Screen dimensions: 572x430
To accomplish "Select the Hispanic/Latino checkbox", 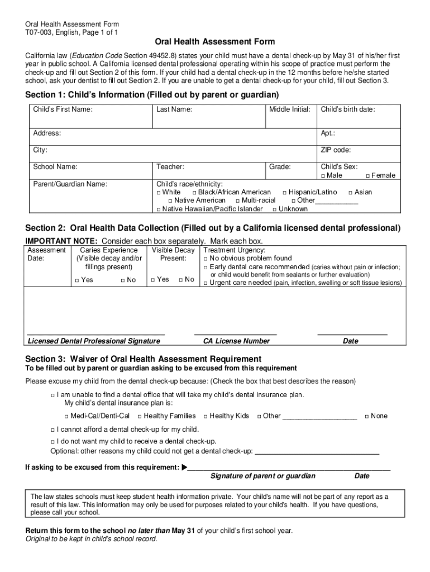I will (x=284, y=193).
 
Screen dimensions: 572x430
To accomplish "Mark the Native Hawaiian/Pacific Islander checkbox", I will (x=159, y=209).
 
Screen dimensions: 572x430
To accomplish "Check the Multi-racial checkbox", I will (x=237, y=201).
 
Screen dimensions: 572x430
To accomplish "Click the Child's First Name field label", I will (x=63, y=109).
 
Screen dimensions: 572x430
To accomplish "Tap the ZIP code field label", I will (x=336, y=150).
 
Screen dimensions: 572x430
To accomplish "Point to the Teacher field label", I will (x=170, y=166).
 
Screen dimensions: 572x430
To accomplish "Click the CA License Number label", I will (x=236, y=341).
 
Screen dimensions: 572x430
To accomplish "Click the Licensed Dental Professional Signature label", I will (x=94, y=341).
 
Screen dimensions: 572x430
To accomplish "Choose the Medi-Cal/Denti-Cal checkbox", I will (x=66, y=416).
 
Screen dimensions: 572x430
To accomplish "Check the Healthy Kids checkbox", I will (x=206, y=416).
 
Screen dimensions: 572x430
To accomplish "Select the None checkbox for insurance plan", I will (x=367, y=416).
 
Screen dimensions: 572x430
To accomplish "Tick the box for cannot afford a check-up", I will (x=52, y=430).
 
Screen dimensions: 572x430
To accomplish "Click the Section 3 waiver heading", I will (x=144, y=359).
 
